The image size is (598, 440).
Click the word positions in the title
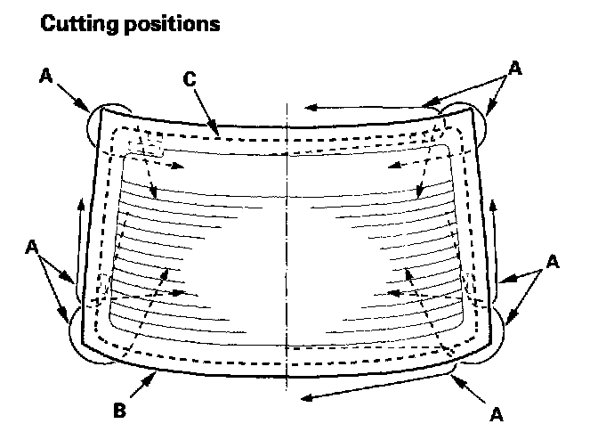168,25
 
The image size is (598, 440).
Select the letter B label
118,411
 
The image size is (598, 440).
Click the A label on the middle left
32,245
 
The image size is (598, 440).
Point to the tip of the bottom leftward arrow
303,396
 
